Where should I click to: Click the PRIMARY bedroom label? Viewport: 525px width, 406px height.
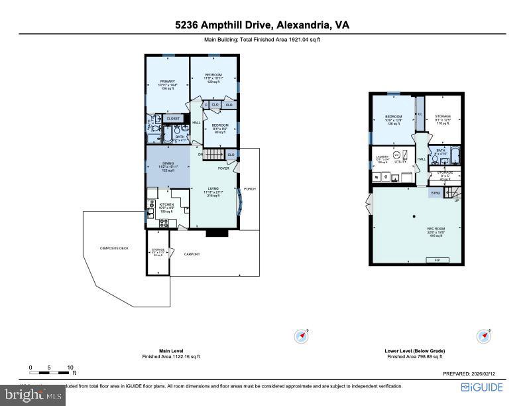[x=167, y=82]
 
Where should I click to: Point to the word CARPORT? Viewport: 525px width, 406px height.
[x=192, y=254]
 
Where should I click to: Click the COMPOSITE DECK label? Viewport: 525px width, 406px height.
[x=114, y=248]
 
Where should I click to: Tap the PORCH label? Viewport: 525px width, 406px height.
[x=250, y=188]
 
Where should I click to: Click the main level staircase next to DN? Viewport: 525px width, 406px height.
[x=214, y=155]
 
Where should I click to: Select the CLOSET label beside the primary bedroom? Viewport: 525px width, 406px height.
[x=173, y=119]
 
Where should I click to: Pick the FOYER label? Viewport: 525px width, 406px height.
[x=224, y=168]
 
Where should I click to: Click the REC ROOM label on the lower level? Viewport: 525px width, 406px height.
[x=436, y=229]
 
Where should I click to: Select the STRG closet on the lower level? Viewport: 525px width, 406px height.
[x=436, y=193]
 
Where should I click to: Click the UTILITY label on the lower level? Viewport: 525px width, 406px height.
[x=400, y=161]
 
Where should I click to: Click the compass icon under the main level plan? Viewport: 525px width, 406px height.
[x=302, y=336]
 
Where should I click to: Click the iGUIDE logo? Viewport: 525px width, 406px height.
[x=483, y=387]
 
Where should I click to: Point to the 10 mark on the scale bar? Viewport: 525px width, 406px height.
[x=70, y=367]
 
